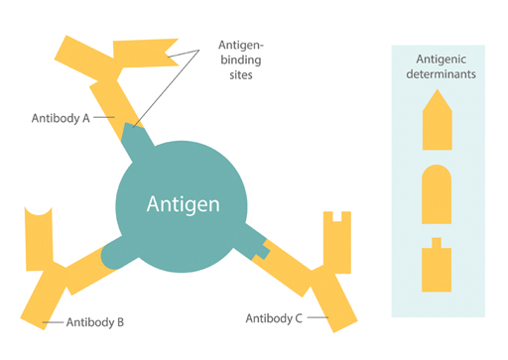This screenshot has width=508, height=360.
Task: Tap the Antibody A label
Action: (61, 117)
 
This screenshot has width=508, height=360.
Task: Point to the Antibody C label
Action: (274, 318)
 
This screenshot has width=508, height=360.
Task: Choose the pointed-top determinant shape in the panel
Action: (437, 119)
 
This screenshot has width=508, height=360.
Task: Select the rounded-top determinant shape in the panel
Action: (437, 194)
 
